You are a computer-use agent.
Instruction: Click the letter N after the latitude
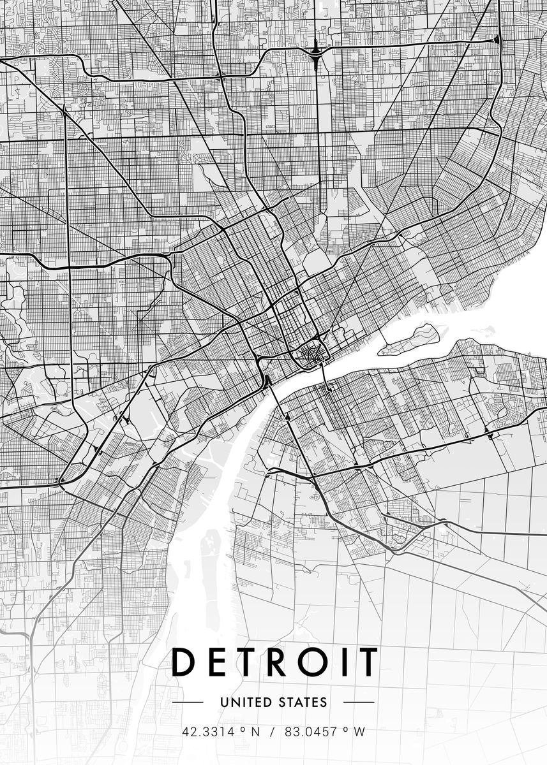(256, 732)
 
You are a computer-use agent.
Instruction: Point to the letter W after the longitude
(363, 732)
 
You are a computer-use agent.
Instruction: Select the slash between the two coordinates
(273, 732)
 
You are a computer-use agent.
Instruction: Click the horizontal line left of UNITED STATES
(188, 703)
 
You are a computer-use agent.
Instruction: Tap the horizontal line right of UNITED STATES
(359, 703)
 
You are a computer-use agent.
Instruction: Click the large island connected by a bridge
(408, 339)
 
